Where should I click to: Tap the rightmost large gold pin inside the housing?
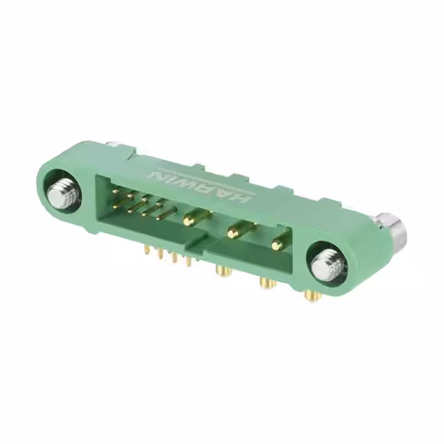coord(279,244)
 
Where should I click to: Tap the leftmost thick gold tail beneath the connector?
coord(223,270)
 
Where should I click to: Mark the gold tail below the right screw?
coord(313,296)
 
